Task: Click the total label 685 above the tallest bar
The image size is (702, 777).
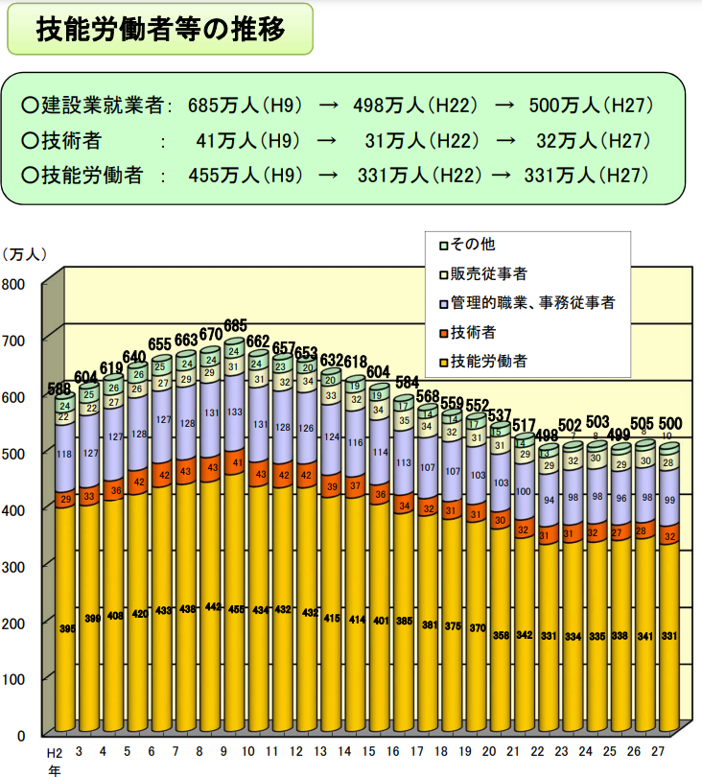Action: tap(235, 326)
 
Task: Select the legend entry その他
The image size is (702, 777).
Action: tap(475, 246)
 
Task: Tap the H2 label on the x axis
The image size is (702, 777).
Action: tap(56, 751)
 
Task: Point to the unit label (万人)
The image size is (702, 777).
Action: tap(23, 254)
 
